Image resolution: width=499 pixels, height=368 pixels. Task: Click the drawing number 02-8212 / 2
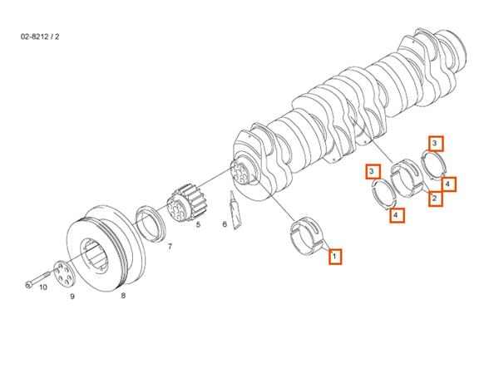[x=40, y=37]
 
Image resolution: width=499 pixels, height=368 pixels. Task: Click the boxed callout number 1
[x=335, y=256]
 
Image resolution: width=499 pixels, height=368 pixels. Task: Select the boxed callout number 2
[x=435, y=199]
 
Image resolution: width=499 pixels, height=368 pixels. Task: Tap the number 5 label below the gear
[x=198, y=224]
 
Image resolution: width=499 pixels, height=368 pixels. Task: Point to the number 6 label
[x=225, y=224]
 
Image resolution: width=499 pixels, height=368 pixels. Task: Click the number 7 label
[x=170, y=246]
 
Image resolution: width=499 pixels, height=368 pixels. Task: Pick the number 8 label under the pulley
[x=123, y=296]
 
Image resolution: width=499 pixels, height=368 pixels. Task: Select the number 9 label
[x=72, y=297]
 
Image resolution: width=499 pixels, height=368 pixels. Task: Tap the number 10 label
[x=43, y=287]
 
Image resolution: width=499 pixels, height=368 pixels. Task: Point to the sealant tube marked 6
[x=235, y=210]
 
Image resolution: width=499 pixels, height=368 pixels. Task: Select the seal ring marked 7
[x=151, y=223]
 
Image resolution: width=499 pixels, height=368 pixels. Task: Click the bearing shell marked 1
[x=308, y=236]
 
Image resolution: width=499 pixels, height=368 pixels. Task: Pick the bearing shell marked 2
[x=407, y=177]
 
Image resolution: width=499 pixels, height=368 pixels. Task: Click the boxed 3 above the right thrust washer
[x=436, y=144]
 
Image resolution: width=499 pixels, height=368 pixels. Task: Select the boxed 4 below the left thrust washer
[x=397, y=215]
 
